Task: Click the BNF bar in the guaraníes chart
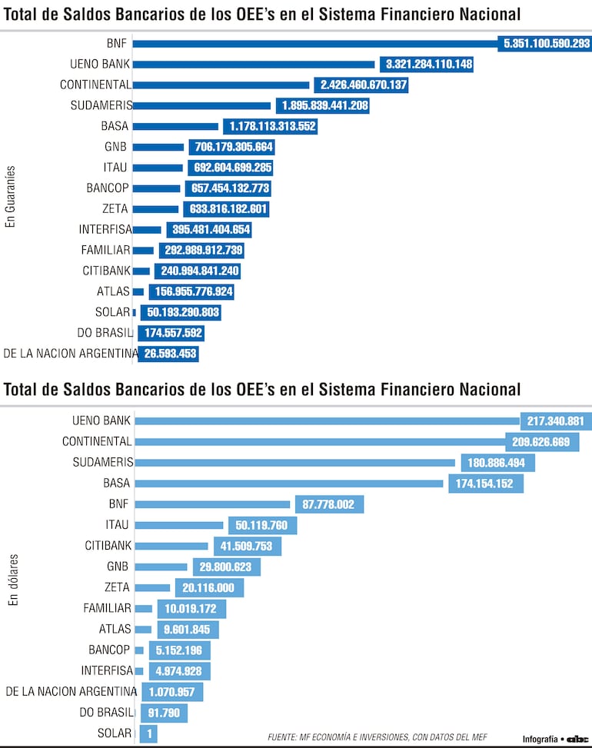[x=315, y=44]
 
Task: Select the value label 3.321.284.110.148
[x=429, y=65]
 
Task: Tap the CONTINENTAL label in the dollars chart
[x=97, y=441]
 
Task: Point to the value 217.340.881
[x=556, y=421]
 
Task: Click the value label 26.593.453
[x=170, y=354]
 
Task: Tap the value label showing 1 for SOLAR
[x=148, y=734]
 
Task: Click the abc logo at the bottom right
[x=577, y=739]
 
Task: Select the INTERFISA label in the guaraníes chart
[x=105, y=229]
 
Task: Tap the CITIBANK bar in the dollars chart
[x=171, y=546]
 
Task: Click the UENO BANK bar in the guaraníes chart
[x=254, y=65]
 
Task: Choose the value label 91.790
[x=164, y=713]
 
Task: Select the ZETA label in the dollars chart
[x=117, y=587]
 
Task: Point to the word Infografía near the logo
[x=540, y=739]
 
